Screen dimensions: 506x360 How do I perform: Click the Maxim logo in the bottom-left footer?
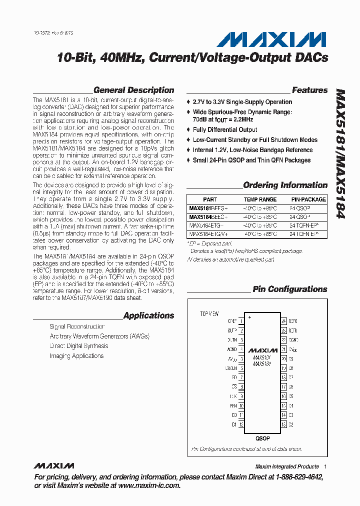pos(54,466)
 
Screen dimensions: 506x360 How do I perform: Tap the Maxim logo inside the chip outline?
pos(262,350)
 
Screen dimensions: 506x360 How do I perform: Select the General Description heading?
pos(133,90)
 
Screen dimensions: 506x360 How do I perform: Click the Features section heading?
pos(309,90)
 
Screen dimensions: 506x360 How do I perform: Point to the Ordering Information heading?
pos(285,185)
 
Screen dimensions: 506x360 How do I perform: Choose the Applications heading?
pos(148,315)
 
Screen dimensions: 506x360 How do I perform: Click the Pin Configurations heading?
pos(289,289)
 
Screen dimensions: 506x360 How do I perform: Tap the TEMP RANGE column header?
pos(260,199)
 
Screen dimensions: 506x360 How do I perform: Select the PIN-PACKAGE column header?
pos(307,199)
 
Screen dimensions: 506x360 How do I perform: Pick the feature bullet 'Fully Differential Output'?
pos(225,130)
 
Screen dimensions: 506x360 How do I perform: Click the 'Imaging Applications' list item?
pos(76,356)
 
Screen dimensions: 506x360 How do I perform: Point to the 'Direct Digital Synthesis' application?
pos(79,346)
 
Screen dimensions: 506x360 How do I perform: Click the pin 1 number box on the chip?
pos(241,321)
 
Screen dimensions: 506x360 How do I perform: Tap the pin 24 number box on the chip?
pos(283,321)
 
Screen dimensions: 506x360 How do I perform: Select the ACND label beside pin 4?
pos(231,349)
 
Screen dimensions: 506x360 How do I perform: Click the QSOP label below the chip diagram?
pos(262,438)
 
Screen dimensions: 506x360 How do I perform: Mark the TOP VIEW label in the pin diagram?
pos(209,314)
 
